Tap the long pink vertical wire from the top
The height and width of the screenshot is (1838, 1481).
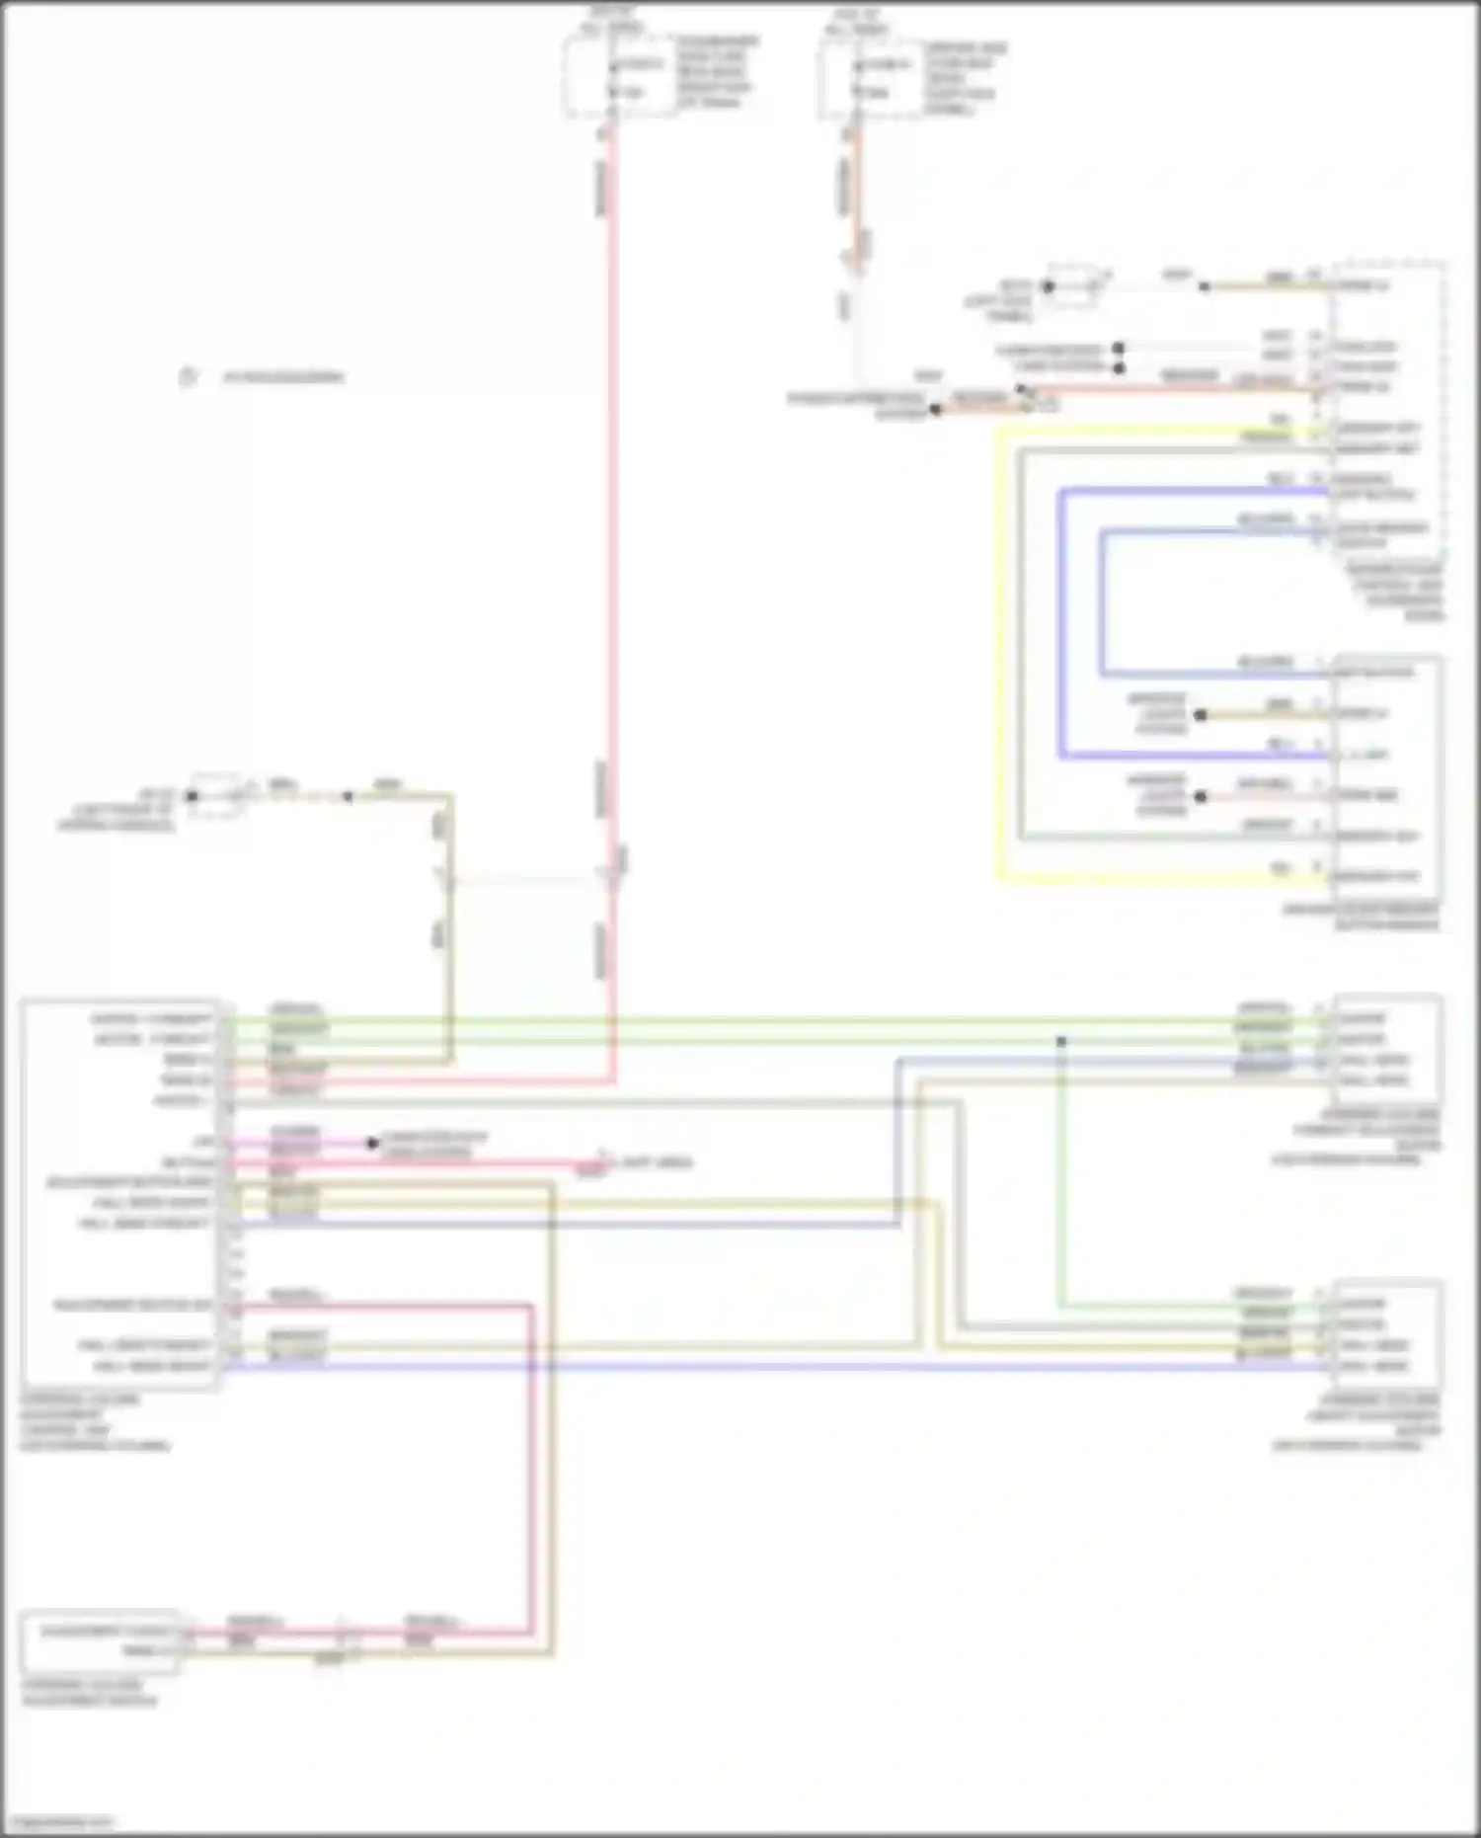[x=612, y=494]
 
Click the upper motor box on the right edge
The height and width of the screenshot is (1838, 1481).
[x=1386, y=1049]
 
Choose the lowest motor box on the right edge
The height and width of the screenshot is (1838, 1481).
[x=1386, y=1334]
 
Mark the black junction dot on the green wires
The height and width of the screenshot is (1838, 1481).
[x=1061, y=1041]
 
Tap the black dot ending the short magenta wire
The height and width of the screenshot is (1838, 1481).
[x=372, y=1144]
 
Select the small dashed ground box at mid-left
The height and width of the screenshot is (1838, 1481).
[x=215, y=796]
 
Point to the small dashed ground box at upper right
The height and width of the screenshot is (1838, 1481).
[x=1073, y=285]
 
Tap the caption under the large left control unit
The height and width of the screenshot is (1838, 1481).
[x=95, y=1422]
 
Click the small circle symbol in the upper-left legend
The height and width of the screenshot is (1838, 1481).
[x=188, y=377]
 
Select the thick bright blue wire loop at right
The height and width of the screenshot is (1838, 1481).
[x=1062, y=622]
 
